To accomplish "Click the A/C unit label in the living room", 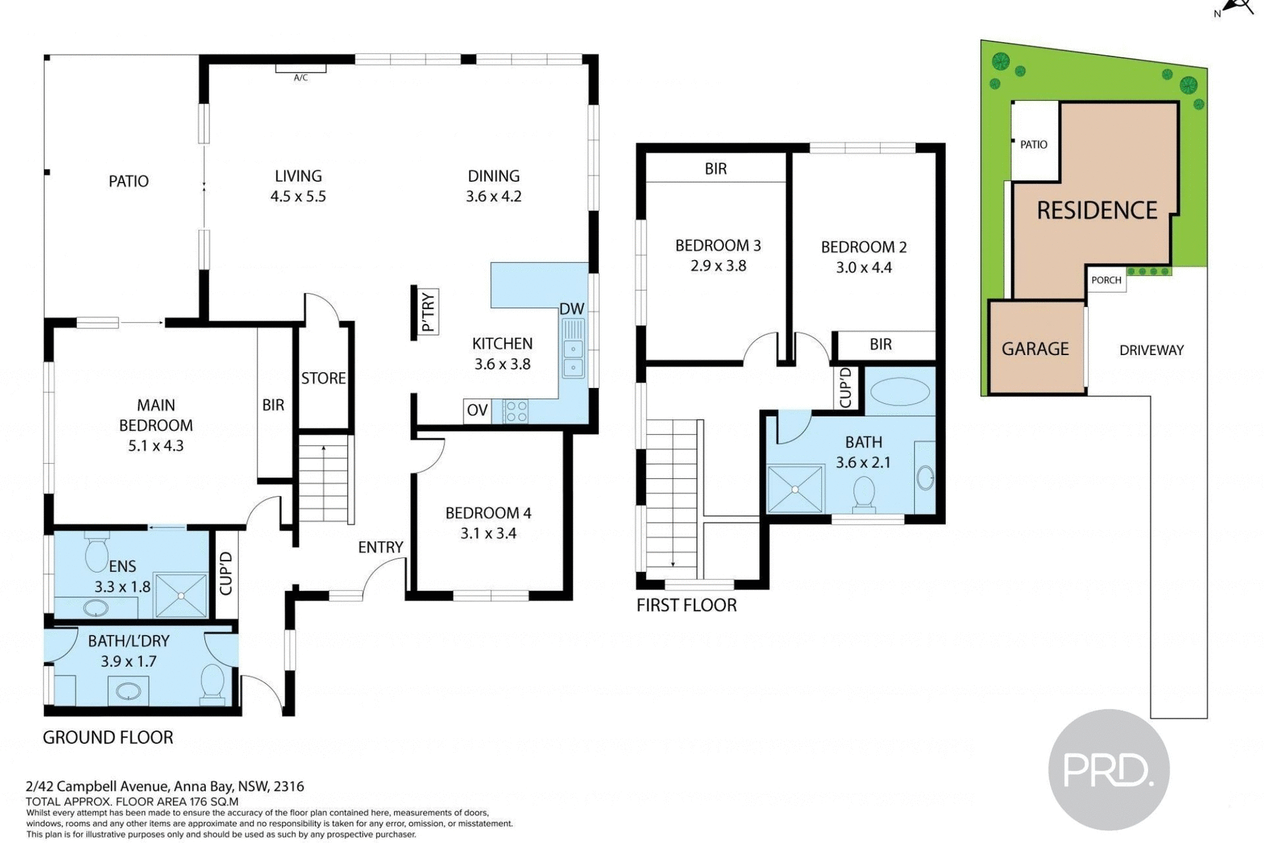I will [300, 78].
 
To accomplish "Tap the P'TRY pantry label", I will [428, 312].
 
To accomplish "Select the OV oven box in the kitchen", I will [477, 411].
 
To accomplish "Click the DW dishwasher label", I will [571, 309].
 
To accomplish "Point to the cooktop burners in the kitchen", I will [516, 412].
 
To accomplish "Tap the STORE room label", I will [323, 378].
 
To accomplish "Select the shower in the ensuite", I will [181, 595].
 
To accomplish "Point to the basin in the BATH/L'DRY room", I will [128, 691].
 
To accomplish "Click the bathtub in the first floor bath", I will [899, 392].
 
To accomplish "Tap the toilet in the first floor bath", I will [864, 494].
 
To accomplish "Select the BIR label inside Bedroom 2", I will [880, 344].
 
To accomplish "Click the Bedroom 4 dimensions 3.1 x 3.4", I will [488, 533].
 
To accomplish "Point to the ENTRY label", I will [381, 547].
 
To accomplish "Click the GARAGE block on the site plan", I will [1036, 348].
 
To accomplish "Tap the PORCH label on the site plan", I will [1106, 280].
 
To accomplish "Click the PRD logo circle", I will [1109, 769].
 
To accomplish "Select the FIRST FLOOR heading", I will [687, 605].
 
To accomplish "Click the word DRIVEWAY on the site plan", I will [1151, 350].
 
